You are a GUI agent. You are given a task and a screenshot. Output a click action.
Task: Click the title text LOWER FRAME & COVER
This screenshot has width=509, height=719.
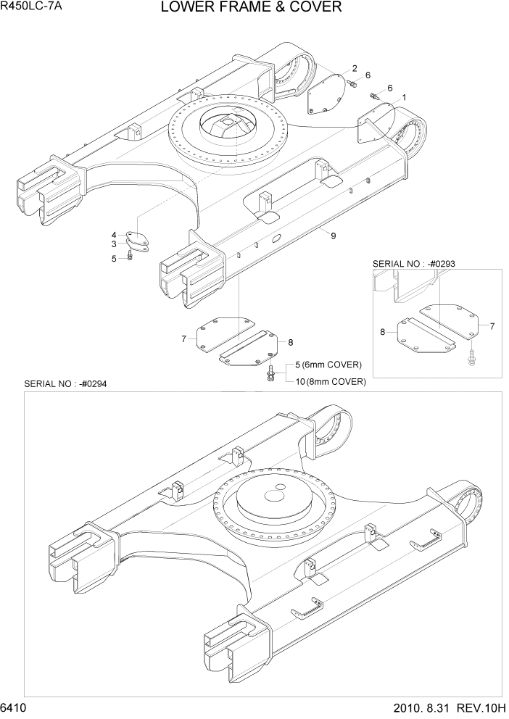[x=251, y=8]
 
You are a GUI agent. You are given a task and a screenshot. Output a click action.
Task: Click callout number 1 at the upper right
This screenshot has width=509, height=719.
[x=403, y=97]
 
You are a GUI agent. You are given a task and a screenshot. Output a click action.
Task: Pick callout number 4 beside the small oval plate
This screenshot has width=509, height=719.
[x=114, y=235]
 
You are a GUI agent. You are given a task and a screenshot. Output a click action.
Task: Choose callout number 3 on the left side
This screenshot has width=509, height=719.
[x=114, y=244]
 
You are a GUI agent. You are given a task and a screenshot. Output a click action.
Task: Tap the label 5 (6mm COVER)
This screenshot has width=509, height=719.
[x=326, y=365]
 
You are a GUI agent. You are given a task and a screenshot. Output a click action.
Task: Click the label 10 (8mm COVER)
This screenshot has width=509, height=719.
[x=329, y=381]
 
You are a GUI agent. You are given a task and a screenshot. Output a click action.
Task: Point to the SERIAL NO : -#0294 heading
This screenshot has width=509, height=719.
[x=65, y=383]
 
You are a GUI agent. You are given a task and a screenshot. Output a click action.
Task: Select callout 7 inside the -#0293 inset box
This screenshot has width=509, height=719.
[x=492, y=326]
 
